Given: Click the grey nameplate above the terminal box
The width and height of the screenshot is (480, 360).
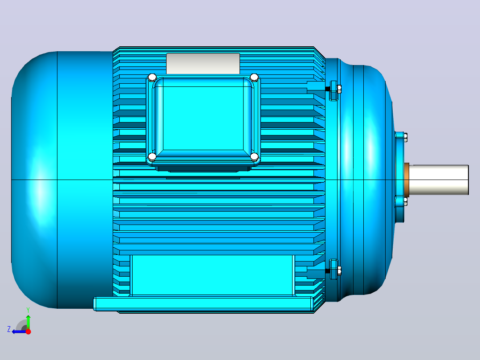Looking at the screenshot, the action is coord(203,63).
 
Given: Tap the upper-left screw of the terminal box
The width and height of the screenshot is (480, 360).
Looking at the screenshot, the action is coord(152,77).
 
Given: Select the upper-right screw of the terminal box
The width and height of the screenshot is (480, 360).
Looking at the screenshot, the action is coord(254,77).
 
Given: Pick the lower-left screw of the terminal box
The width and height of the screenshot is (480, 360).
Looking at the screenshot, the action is coord(152,157).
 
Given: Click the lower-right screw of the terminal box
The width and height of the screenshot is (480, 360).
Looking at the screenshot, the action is coord(254,157).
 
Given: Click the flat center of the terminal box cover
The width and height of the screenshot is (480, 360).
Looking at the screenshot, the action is coord(203,118).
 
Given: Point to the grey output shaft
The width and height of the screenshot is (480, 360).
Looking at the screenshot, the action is coord(439,180).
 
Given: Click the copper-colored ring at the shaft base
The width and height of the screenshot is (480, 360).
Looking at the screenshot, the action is coord(407,180).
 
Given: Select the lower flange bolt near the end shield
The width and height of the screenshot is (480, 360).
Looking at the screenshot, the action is coord(334,269).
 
